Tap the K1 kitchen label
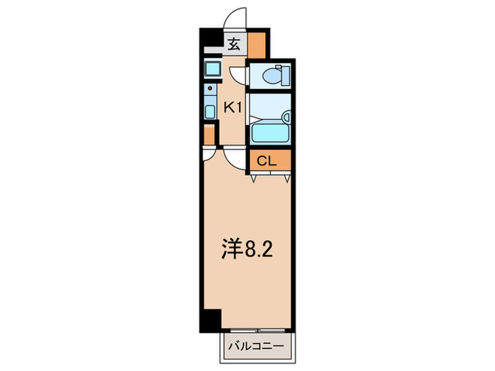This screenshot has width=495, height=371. pyautogui.click(x=233, y=107)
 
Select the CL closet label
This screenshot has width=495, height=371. pyautogui.click(x=265, y=161)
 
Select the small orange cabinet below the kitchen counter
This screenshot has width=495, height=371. pyautogui.click(x=208, y=135)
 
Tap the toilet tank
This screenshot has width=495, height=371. pyautogui.click(x=283, y=73)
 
